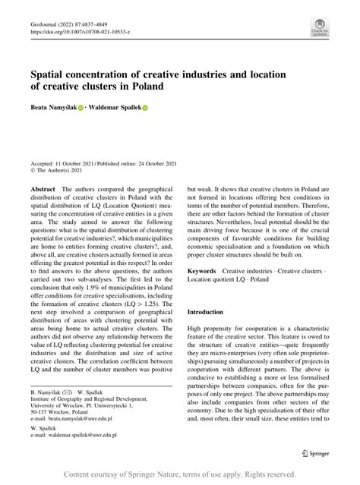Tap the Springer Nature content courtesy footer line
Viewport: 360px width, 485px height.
pyautogui.click(x=179, y=474)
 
